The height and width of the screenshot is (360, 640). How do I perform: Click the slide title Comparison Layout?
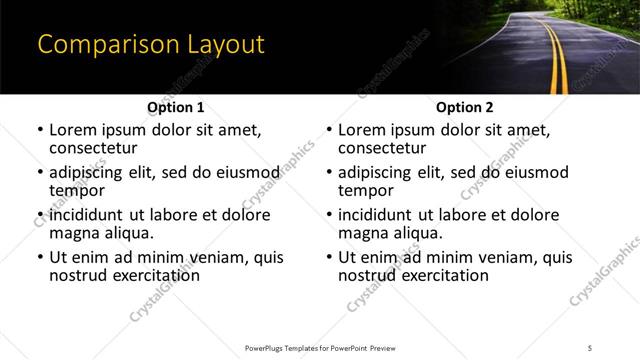[x=150, y=45]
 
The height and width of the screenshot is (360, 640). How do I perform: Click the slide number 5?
[x=590, y=347]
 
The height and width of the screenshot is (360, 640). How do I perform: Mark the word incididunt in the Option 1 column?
[x=92, y=215]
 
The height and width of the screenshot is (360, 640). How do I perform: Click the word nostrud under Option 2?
[x=368, y=275]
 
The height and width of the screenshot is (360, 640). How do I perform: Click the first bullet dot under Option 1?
[x=40, y=131]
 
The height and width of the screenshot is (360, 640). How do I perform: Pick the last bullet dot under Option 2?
[x=329, y=258]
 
